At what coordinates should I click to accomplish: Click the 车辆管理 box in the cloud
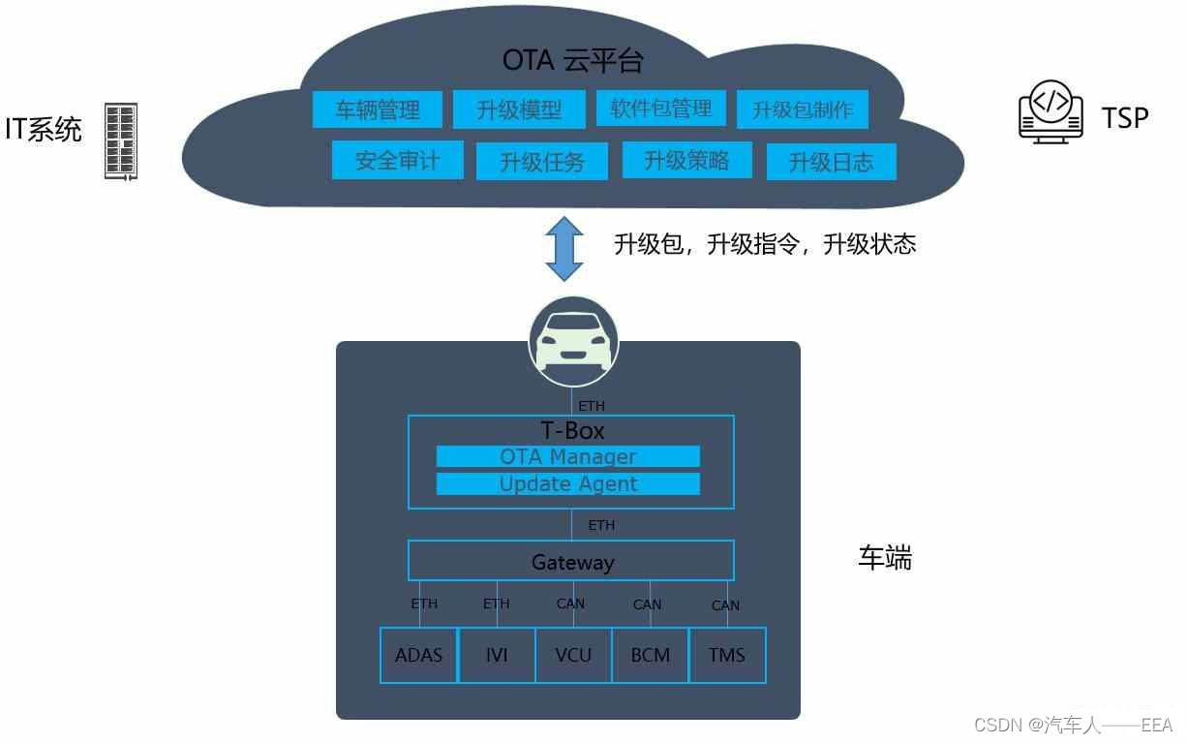(x=378, y=109)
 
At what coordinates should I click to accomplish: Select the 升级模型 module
(x=519, y=110)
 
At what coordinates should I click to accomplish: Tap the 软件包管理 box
(x=660, y=108)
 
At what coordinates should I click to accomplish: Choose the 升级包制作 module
(x=803, y=109)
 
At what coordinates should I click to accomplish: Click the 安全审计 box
(x=397, y=161)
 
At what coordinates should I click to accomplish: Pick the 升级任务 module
(x=542, y=162)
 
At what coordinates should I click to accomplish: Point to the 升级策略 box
(x=686, y=160)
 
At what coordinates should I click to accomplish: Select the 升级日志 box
(x=832, y=162)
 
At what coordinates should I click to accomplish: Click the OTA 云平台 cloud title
(x=572, y=61)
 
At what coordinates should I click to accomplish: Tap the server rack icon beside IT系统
(x=121, y=140)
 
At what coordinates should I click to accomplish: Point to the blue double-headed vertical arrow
(x=564, y=249)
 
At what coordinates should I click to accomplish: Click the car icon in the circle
(x=573, y=341)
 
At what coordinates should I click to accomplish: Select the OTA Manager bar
(x=568, y=456)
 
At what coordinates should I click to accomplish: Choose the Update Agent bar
(x=568, y=484)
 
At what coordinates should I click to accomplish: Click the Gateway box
(x=571, y=562)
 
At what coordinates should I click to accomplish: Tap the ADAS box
(x=418, y=656)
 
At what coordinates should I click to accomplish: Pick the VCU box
(x=573, y=656)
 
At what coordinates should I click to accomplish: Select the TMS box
(x=727, y=656)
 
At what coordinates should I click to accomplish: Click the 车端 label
(x=885, y=558)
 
